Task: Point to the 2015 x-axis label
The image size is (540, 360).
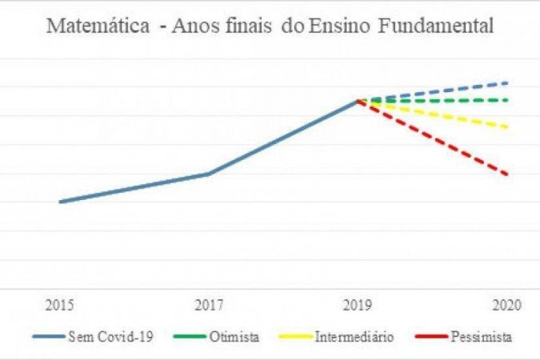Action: click(60, 306)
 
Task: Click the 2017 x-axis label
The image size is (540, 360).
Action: click(209, 306)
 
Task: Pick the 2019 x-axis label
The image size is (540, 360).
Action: click(358, 306)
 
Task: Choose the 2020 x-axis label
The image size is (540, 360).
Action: click(506, 306)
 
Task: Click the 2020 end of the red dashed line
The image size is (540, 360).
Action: click(507, 174)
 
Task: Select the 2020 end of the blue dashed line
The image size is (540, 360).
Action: click(507, 82)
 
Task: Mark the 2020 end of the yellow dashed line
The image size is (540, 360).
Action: click(507, 126)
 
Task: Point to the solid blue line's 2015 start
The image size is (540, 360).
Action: click(60, 202)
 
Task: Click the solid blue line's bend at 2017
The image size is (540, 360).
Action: click(209, 174)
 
